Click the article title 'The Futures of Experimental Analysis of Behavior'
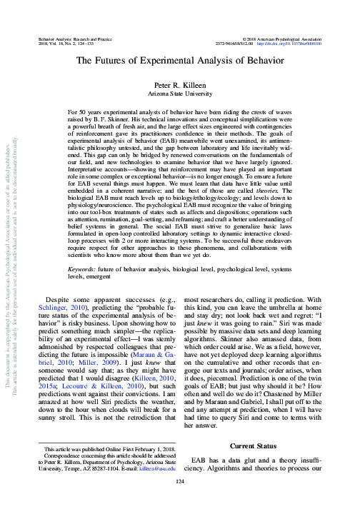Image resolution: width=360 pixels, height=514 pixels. [x=180, y=62]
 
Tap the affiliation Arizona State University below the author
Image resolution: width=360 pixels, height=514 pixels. [x=180, y=93]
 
